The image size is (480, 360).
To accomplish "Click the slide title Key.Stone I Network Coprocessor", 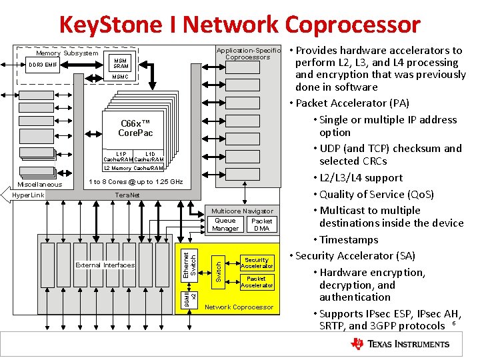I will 239,25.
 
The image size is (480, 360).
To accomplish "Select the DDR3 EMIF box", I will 43,65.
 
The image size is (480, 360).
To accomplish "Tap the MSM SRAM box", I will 121,63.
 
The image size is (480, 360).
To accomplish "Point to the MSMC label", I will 121,77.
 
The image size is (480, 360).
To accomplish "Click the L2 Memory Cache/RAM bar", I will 133,169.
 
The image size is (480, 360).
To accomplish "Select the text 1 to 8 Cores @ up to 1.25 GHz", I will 135,182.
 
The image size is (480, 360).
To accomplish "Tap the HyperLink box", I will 28,195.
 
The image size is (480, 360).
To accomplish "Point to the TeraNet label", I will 127,195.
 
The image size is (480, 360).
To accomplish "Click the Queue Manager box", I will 225,225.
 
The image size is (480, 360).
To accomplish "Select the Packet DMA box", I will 261,225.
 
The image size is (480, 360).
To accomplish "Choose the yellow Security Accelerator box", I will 257,263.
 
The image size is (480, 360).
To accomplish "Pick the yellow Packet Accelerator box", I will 257,282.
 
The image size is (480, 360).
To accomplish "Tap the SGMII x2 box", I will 190,296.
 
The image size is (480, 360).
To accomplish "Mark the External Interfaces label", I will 105,265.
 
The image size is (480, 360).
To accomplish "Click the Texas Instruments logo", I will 400,344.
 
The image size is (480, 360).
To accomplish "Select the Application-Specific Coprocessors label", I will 248,54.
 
